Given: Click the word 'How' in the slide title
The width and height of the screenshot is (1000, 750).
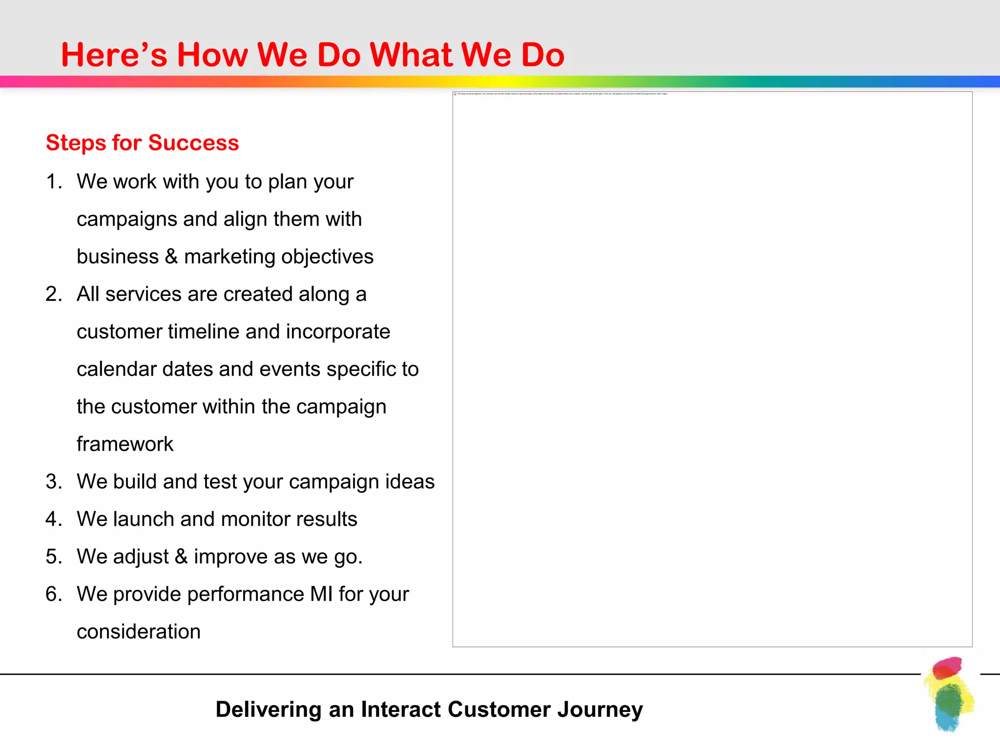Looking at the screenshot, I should pyautogui.click(x=212, y=55).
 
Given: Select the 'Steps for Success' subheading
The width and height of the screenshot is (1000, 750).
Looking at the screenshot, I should pyautogui.click(x=142, y=143).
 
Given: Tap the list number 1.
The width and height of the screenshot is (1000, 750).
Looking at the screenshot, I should pyautogui.click(x=53, y=182).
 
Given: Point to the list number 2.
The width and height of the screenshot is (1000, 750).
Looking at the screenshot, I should pyautogui.click(x=54, y=294).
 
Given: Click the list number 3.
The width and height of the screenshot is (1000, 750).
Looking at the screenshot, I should pyautogui.click(x=54, y=482).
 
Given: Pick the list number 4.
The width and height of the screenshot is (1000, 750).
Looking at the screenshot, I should pyautogui.click(x=54, y=519).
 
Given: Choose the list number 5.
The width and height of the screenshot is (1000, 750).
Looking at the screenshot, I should pyautogui.click(x=54, y=557).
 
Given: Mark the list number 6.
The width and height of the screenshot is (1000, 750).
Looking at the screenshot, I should pyautogui.click(x=54, y=594).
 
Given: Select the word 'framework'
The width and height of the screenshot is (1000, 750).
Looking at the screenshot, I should pyautogui.click(x=125, y=444).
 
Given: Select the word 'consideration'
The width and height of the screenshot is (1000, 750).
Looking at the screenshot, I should pyautogui.click(x=139, y=632).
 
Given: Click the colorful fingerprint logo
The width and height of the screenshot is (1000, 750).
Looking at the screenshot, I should pyautogui.click(x=949, y=694).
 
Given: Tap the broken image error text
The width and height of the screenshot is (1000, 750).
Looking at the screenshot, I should pyautogui.click(x=562, y=94).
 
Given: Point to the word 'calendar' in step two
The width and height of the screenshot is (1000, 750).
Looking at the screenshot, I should pyautogui.click(x=116, y=370).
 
